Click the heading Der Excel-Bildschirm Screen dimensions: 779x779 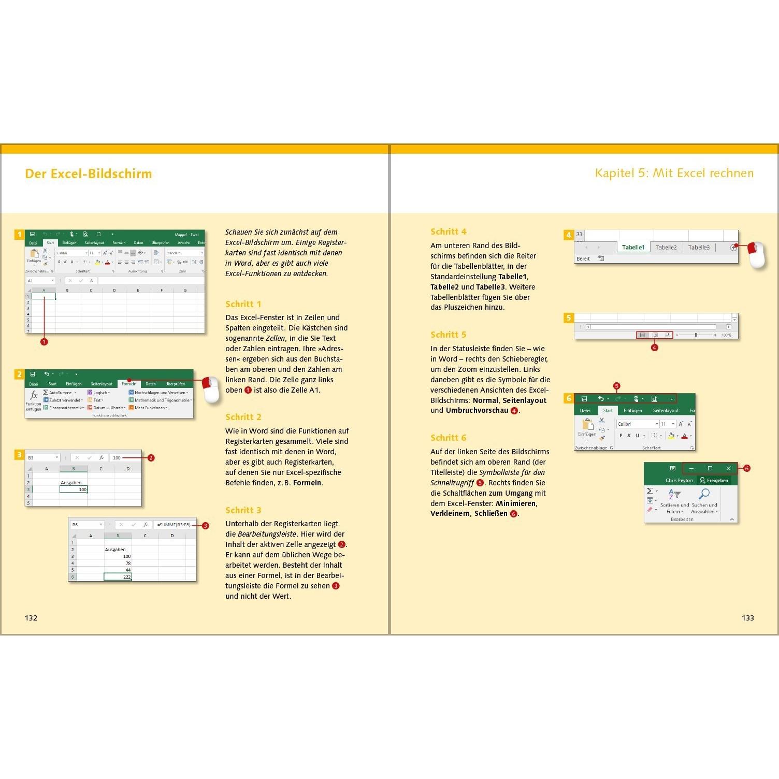89,174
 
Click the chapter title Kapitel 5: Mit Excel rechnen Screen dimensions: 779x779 674,173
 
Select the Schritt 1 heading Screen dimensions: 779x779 243,304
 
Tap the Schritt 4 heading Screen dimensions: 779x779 448,232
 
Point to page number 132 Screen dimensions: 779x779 31,617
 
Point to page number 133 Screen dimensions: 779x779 747,617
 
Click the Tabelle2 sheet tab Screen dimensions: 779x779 666,248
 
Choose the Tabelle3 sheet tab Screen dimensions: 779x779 699,248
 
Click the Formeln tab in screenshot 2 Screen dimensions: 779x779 129,384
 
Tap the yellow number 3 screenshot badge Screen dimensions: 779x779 19,455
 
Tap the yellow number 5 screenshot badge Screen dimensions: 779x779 569,318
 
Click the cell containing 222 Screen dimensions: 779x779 118,576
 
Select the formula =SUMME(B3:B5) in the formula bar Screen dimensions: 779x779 174,525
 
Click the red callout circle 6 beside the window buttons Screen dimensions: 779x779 746,468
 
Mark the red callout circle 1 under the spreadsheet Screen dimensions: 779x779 44,342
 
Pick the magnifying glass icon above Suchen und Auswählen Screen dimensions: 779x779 704,494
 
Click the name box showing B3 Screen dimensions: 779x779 42,458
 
